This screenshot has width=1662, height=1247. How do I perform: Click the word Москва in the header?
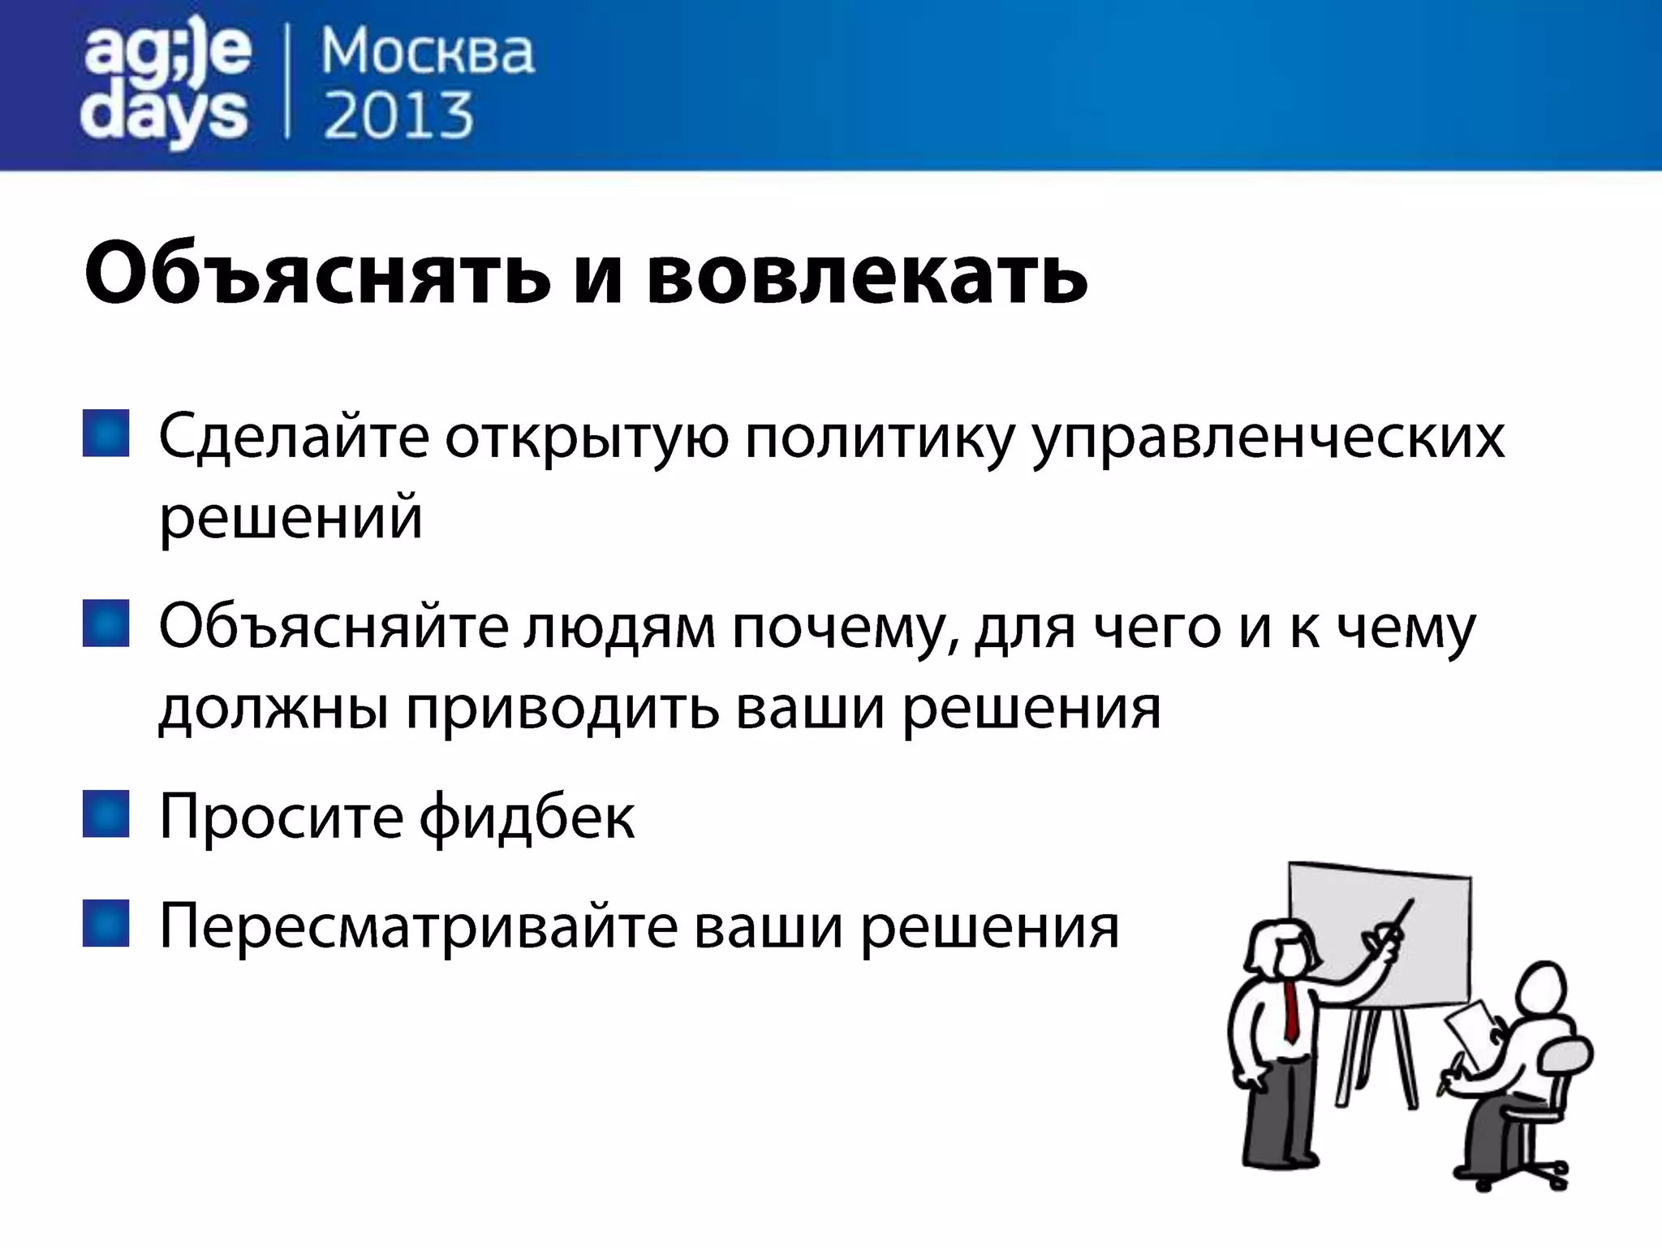coord(428,53)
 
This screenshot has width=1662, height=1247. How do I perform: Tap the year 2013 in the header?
coord(398,116)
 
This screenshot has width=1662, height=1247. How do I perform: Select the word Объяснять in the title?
coord(317,274)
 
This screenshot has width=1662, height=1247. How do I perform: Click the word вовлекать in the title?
coord(867,274)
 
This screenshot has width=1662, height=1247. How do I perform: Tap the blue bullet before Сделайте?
coord(106,434)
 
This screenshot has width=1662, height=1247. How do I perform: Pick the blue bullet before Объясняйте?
coord(106,623)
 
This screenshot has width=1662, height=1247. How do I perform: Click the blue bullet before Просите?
coord(106,813)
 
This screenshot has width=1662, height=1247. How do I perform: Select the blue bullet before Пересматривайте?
coord(106,923)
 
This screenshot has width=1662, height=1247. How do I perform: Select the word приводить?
coord(562,709)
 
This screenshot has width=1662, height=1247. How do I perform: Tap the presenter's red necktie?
coord(1291,1011)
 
